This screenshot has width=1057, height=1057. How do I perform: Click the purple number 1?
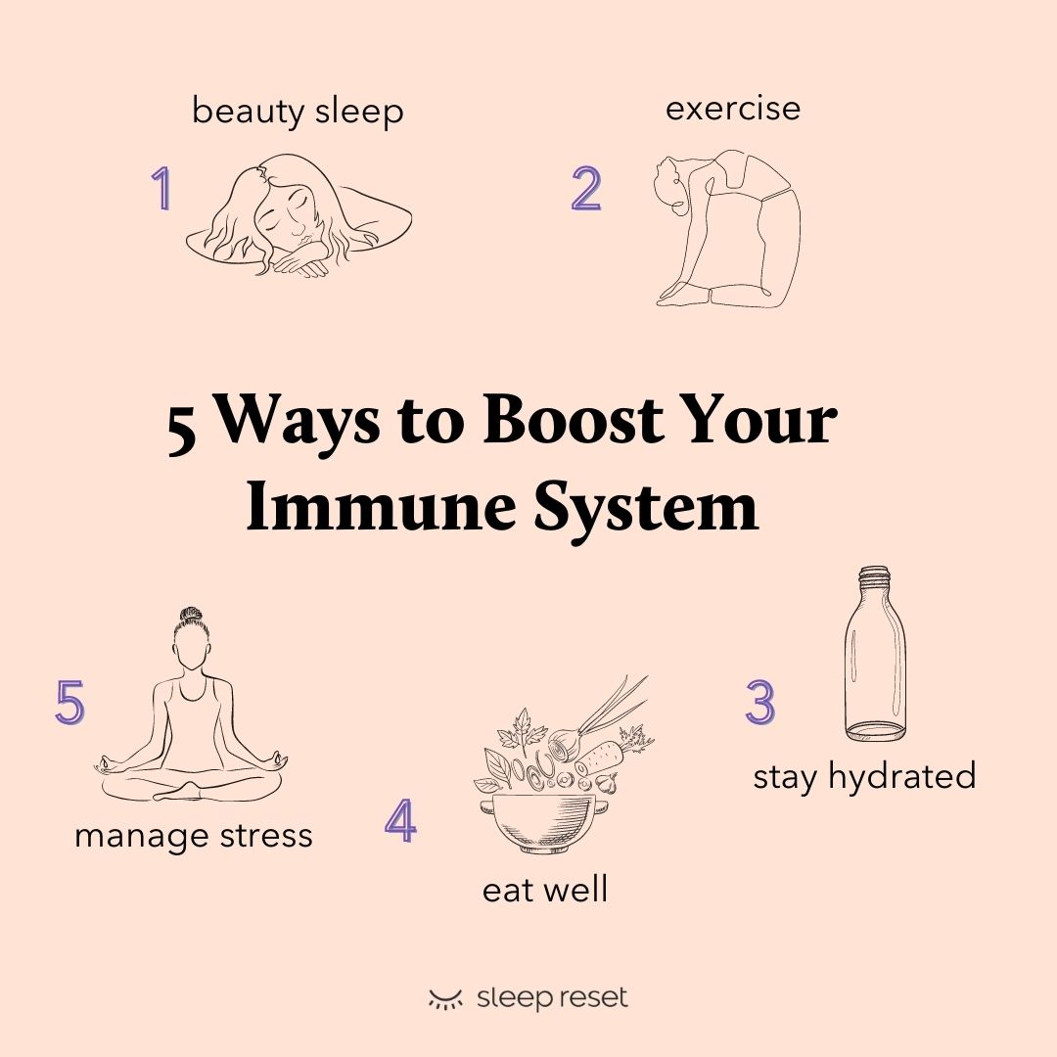click(x=161, y=189)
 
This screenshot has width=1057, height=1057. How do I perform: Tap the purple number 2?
click(x=586, y=189)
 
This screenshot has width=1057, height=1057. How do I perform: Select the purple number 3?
click(x=759, y=703)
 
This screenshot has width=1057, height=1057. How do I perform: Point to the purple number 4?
click(x=400, y=822)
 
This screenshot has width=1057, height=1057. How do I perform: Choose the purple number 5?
click(x=70, y=703)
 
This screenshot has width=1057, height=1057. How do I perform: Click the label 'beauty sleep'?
click(x=298, y=112)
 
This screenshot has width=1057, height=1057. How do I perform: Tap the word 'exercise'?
click(x=733, y=108)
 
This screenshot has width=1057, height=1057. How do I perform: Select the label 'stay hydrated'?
click(x=864, y=776)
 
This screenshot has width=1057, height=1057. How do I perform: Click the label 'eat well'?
click(x=545, y=890)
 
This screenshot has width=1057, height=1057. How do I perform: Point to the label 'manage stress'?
click(x=194, y=836)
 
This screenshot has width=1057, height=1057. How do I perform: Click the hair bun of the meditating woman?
click(x=190, y=618)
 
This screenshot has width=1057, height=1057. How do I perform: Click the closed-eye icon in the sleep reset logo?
click(x=445, y=999)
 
